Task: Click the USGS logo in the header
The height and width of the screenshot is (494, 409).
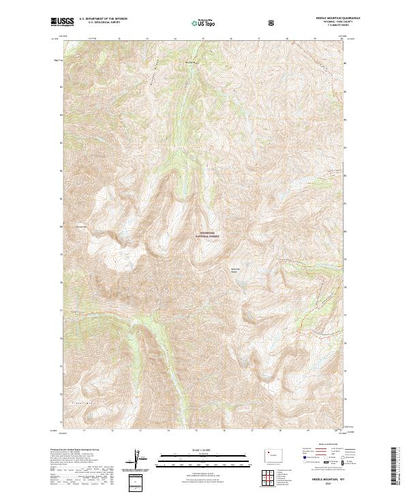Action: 62,22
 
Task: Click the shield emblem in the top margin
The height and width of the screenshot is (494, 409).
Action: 273,22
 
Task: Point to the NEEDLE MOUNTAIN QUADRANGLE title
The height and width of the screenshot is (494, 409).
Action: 333,18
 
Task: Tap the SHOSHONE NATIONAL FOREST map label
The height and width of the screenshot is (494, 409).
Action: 206,235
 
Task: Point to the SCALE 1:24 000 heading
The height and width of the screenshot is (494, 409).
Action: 204,448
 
